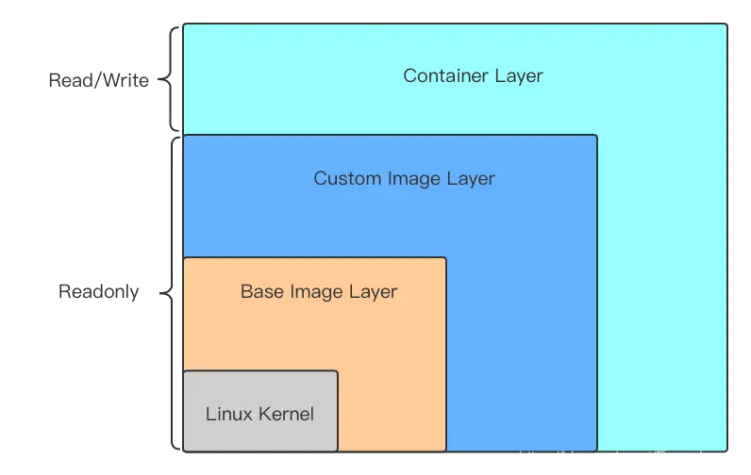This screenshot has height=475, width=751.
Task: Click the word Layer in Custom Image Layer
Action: coord(471,178)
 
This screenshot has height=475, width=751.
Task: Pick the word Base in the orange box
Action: coord(260,291)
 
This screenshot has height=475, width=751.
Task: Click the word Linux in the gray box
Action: coord(227,414)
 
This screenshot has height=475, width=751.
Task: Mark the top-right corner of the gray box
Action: coord(337,371)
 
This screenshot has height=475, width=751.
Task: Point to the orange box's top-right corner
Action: coord(445,258)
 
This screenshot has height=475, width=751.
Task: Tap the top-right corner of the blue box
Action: coord(597,136)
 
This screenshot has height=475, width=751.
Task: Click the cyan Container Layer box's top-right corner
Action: coord(727,25)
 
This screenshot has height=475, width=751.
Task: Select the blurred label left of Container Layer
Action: coord(99,81)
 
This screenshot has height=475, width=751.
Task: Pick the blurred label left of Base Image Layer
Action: coord(98,292)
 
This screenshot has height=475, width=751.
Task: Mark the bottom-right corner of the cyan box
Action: coord(727,450)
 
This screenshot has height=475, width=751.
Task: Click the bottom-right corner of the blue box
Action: coord(597,450)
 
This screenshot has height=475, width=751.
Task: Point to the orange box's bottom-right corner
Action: coord(445,450)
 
